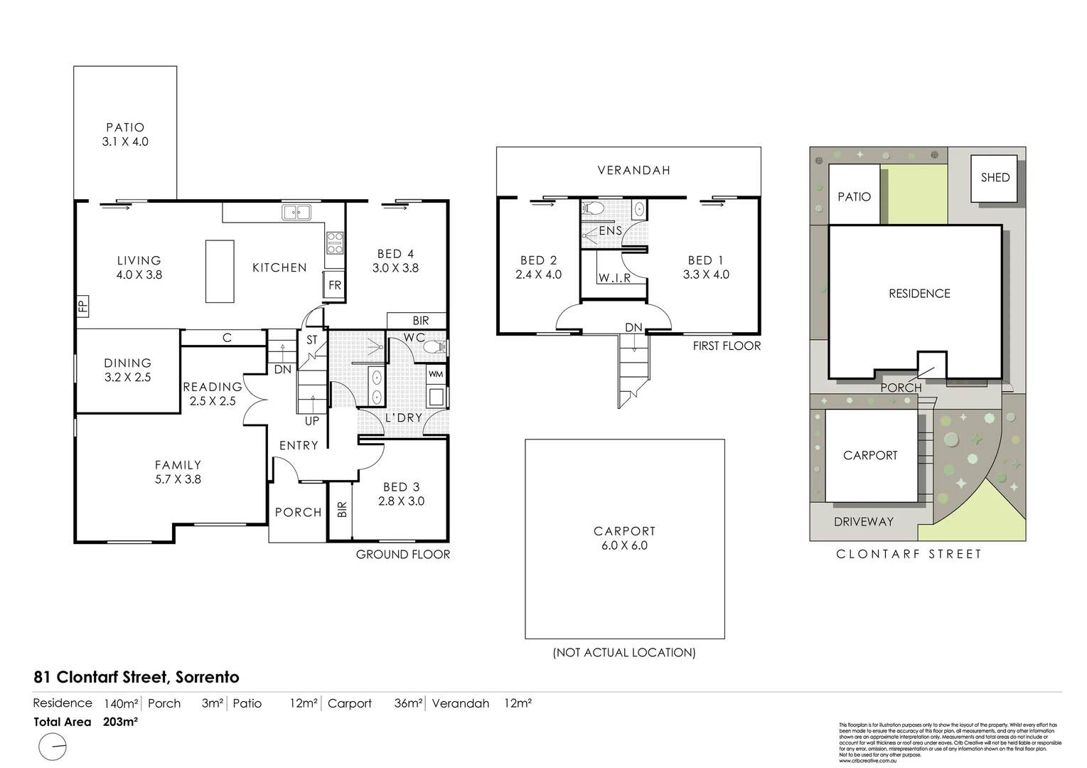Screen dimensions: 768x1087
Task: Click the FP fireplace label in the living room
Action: tap(82, 306)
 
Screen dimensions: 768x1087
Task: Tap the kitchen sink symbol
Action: tap(296, 212)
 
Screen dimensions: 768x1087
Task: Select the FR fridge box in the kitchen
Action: tap(334, 285)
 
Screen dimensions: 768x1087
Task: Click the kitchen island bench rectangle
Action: tap(220, 271)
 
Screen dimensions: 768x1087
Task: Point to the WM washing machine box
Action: tap(436, 373)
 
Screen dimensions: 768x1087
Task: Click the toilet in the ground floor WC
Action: tap(434, 347)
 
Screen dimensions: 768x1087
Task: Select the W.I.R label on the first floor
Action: tap(614, 278)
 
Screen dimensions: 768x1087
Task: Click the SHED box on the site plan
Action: tap(995, 178)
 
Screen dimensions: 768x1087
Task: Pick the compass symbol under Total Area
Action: tap(53, 748)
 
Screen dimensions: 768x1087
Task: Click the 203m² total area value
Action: tap(120, 722)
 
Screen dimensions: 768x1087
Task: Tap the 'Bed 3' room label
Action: tap(401, 487)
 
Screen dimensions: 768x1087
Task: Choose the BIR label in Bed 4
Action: tap(420, 321)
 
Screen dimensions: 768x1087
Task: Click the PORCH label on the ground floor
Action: tap(298, 512)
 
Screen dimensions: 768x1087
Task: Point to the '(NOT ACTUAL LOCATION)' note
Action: tap(624, 652)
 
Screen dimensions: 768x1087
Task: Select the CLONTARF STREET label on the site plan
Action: tap(909, 554)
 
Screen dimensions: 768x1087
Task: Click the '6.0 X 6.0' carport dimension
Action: tap(624, 545)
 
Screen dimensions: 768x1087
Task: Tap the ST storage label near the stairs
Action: tap(312, 341)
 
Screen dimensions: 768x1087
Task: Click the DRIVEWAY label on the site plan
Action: tap(863, 521)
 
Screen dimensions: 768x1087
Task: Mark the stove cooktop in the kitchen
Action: tap(335, 243)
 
